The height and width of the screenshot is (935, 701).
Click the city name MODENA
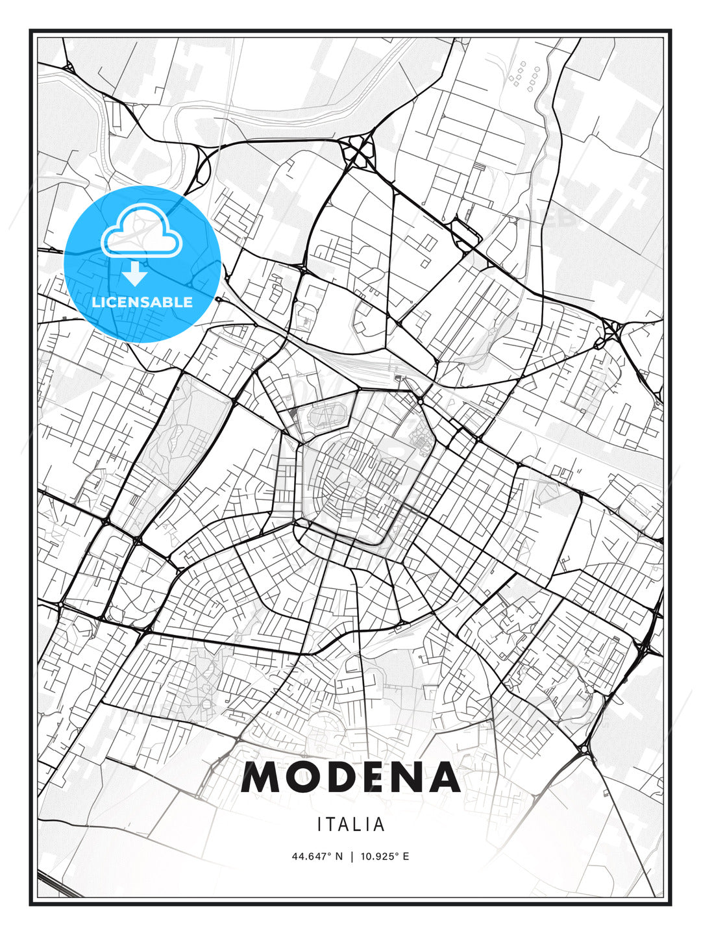pos(350,777)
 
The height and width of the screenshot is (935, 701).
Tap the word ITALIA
pos(350,825)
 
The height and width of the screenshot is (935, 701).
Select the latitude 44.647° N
pos(317,856)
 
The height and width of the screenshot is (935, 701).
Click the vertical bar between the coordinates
pos(351,856)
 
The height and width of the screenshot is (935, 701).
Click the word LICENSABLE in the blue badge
pos(142,302)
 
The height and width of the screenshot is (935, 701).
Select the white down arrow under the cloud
pos(135,274)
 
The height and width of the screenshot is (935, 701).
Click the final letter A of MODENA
pos(443,777)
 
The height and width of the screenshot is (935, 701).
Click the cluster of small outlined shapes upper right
pos(524,75)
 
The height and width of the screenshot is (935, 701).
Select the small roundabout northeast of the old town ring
pos(421,401)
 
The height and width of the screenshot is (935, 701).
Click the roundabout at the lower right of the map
pos(584,750)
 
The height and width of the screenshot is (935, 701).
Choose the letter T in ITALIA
pos(332,825)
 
